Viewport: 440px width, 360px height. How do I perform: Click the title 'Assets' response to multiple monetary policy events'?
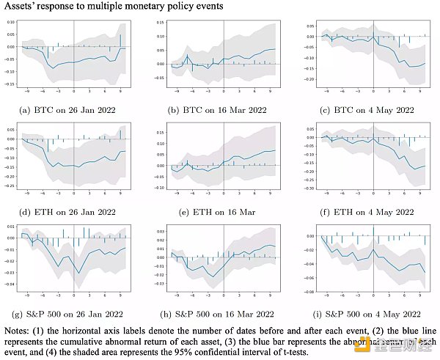tap(111, 7)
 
